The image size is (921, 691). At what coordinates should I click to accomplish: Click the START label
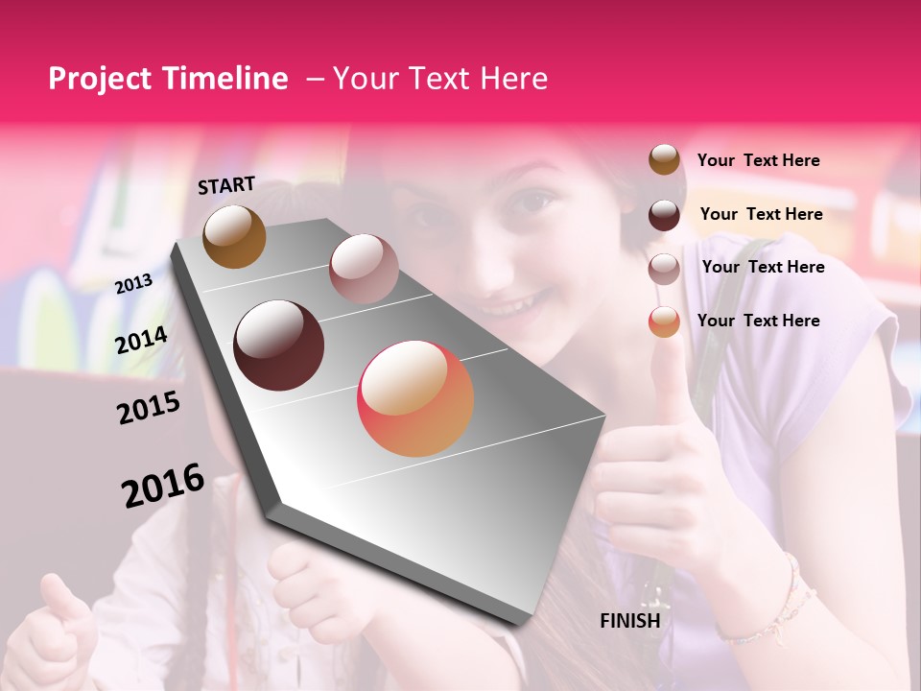click(226, 185)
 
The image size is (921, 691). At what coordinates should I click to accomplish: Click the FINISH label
click(630, 621)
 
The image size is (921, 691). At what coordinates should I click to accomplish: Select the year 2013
click(133, 284)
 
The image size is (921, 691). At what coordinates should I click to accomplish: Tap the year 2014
click(141, 340)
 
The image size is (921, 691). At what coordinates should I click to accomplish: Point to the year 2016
click(163, 485)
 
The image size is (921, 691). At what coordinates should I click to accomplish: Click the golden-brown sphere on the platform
click(234, 236)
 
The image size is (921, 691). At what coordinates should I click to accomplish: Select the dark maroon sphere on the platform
click(279, 345)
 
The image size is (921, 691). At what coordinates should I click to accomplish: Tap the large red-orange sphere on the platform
click(415, 398)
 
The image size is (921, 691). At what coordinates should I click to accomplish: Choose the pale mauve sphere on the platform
click(364, 269)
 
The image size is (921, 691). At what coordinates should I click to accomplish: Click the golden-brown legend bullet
click(664, 160)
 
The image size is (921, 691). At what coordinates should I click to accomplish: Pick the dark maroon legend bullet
click(664, 215)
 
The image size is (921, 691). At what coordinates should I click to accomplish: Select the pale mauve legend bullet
click(664, 269)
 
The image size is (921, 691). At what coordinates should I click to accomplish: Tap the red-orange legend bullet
click(664, 322)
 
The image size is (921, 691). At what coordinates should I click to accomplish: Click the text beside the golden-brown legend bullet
click(758, 160)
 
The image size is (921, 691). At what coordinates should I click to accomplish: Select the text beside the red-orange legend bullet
click(758, 321)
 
